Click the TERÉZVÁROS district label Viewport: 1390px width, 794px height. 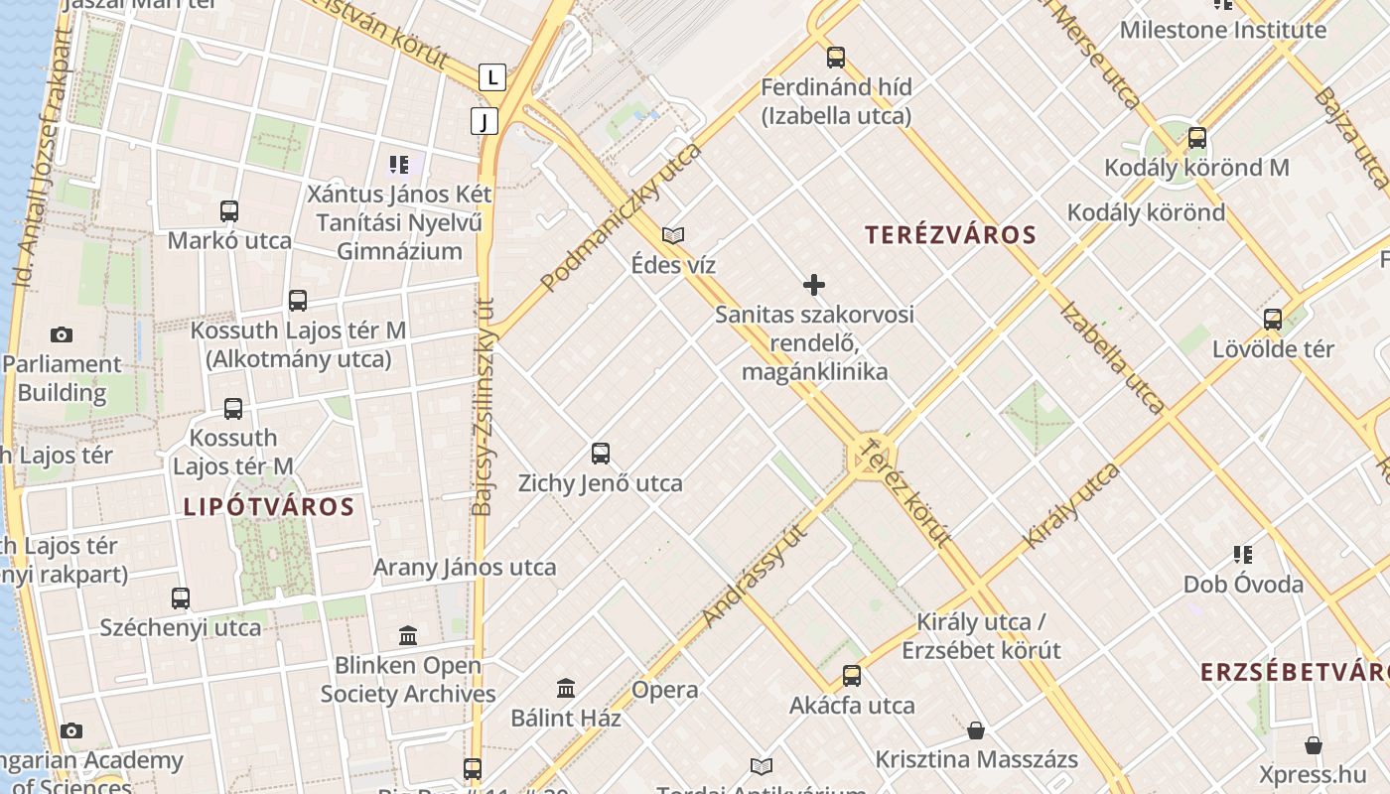[950, 235]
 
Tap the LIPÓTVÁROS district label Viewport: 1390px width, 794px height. [269, 506]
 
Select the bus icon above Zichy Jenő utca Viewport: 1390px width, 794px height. [601, 454]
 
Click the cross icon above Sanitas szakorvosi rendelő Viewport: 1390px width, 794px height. [814, 286]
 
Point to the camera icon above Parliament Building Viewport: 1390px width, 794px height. [62, 334]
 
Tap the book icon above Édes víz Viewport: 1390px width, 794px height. [673, 235]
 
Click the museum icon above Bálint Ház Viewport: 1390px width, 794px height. [566, 688]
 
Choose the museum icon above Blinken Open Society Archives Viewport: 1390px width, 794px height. [408, 635]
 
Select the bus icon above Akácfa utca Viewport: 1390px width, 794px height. [852, 676]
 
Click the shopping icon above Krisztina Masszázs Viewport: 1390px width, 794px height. [976, 730]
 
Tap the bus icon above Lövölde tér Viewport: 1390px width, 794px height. [1273, 320]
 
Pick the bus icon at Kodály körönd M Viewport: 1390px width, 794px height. [1197, 138]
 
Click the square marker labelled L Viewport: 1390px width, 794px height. [491, 76]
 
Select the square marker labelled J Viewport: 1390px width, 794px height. [485, 121]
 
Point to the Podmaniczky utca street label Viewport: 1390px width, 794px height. [621, 217]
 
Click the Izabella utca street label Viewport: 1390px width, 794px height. [1112, 356]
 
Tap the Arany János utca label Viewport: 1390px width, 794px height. [465, 568]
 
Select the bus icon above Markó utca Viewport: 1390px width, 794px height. [229, 211]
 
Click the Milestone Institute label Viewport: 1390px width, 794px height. [1222, 30]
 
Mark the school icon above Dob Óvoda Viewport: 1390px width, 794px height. [1243, 554]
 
